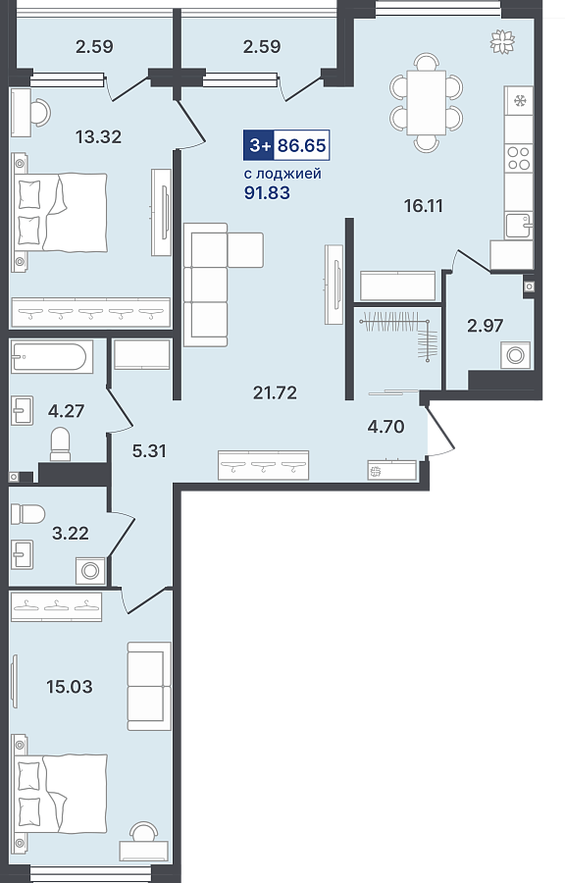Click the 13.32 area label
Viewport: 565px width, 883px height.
click(98, 136)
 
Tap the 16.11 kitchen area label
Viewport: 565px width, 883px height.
click(423, 206)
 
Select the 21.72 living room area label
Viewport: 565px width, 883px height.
click(275, 392)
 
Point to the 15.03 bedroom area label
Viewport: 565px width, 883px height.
click(70, 687)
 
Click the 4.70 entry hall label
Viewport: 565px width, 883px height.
click(385, 427)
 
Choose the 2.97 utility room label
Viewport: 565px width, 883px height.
click(486, 326)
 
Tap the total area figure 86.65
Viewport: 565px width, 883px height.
click(302, 145)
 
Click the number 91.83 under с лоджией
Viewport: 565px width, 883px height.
click(267, 192)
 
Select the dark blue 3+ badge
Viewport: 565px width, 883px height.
click(258, 145)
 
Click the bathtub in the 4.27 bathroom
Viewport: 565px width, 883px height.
click(52, 356)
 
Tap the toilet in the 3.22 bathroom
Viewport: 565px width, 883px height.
click(27, 514)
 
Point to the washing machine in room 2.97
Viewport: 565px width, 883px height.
click(515, 355)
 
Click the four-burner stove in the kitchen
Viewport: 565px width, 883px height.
click(518, 158)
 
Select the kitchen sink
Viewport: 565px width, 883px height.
click(518, 226)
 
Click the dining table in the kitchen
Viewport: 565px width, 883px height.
click(426, 102)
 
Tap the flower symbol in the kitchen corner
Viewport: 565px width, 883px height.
click(502, 41)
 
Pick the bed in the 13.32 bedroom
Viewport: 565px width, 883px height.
click(59, 212)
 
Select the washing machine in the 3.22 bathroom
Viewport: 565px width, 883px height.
click(90, 570)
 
